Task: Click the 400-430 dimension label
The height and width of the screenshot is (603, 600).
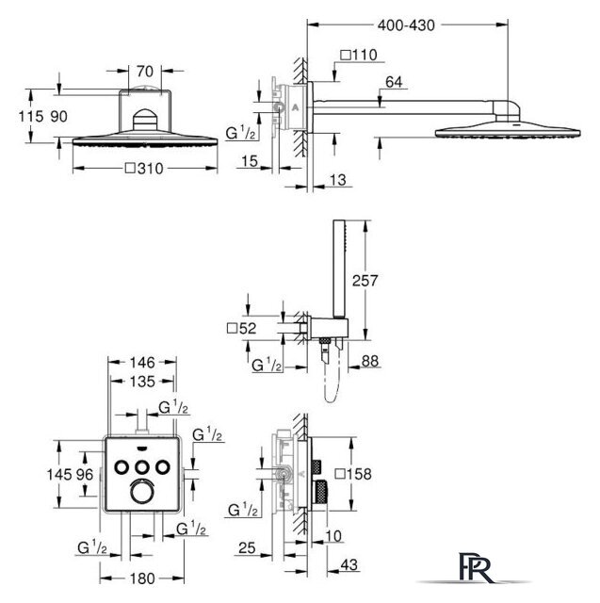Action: [x=406, y=25]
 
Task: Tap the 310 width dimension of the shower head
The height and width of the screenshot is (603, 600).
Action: [x=144, y=169]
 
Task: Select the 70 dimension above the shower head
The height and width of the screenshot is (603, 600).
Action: [x=144, y=72]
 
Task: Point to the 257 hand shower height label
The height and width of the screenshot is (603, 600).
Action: [x=365, y=281]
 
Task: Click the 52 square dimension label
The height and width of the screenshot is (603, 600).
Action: [x=242, y=328]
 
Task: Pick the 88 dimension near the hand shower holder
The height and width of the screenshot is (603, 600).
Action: [x=370, y=361]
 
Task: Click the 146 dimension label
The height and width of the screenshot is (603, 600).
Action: [x=142, y=362]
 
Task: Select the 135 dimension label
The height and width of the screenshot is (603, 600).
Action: [x=142, y=382]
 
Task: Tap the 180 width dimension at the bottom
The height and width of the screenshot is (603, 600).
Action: [x=142, y=579]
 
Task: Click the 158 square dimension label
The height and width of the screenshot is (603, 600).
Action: [x=353, y=474]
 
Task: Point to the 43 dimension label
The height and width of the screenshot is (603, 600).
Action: [x=349, y=564]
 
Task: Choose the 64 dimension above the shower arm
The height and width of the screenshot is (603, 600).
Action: [x=394, y=82]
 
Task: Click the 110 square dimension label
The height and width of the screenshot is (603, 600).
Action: [x=359, y=55]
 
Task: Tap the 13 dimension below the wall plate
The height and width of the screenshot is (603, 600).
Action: [x=338, y=180]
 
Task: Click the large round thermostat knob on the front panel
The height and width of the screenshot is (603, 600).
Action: [x=141, y=491]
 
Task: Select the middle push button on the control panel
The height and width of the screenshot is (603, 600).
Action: [x=142, y=467]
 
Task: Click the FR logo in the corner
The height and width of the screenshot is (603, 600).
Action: [x=475, y=567]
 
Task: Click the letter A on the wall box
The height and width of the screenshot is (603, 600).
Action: [x=295, y=107]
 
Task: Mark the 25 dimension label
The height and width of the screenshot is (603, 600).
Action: [x=247, y=547]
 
